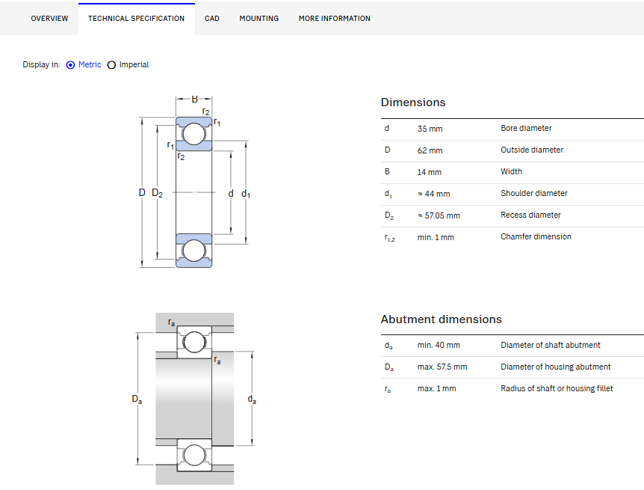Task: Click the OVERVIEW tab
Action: coord(49,19)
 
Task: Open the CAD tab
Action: coord(212,19)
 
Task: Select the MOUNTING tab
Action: coord(258,19)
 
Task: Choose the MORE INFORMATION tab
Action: coord(334,19)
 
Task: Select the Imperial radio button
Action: coord(111,65)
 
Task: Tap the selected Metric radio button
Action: coord(71,65)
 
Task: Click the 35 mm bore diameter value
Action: coord(430,129)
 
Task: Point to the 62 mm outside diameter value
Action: coord(430,150)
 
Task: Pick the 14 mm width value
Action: coord(429,172)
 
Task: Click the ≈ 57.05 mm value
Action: coord(439,215)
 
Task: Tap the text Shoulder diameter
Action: coord(534,193)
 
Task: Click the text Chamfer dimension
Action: coord(536,236)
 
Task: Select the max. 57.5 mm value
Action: coord(442,367)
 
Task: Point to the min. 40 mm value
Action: coord(439,345)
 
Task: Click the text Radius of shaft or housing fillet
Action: coord(557,388)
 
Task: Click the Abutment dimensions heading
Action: coord(441,319)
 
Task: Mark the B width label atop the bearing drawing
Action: coord(194,99)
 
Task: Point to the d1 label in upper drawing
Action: coord(246,194)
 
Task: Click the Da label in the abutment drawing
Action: coord(137,399)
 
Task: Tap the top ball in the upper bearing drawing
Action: coord(193,134)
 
